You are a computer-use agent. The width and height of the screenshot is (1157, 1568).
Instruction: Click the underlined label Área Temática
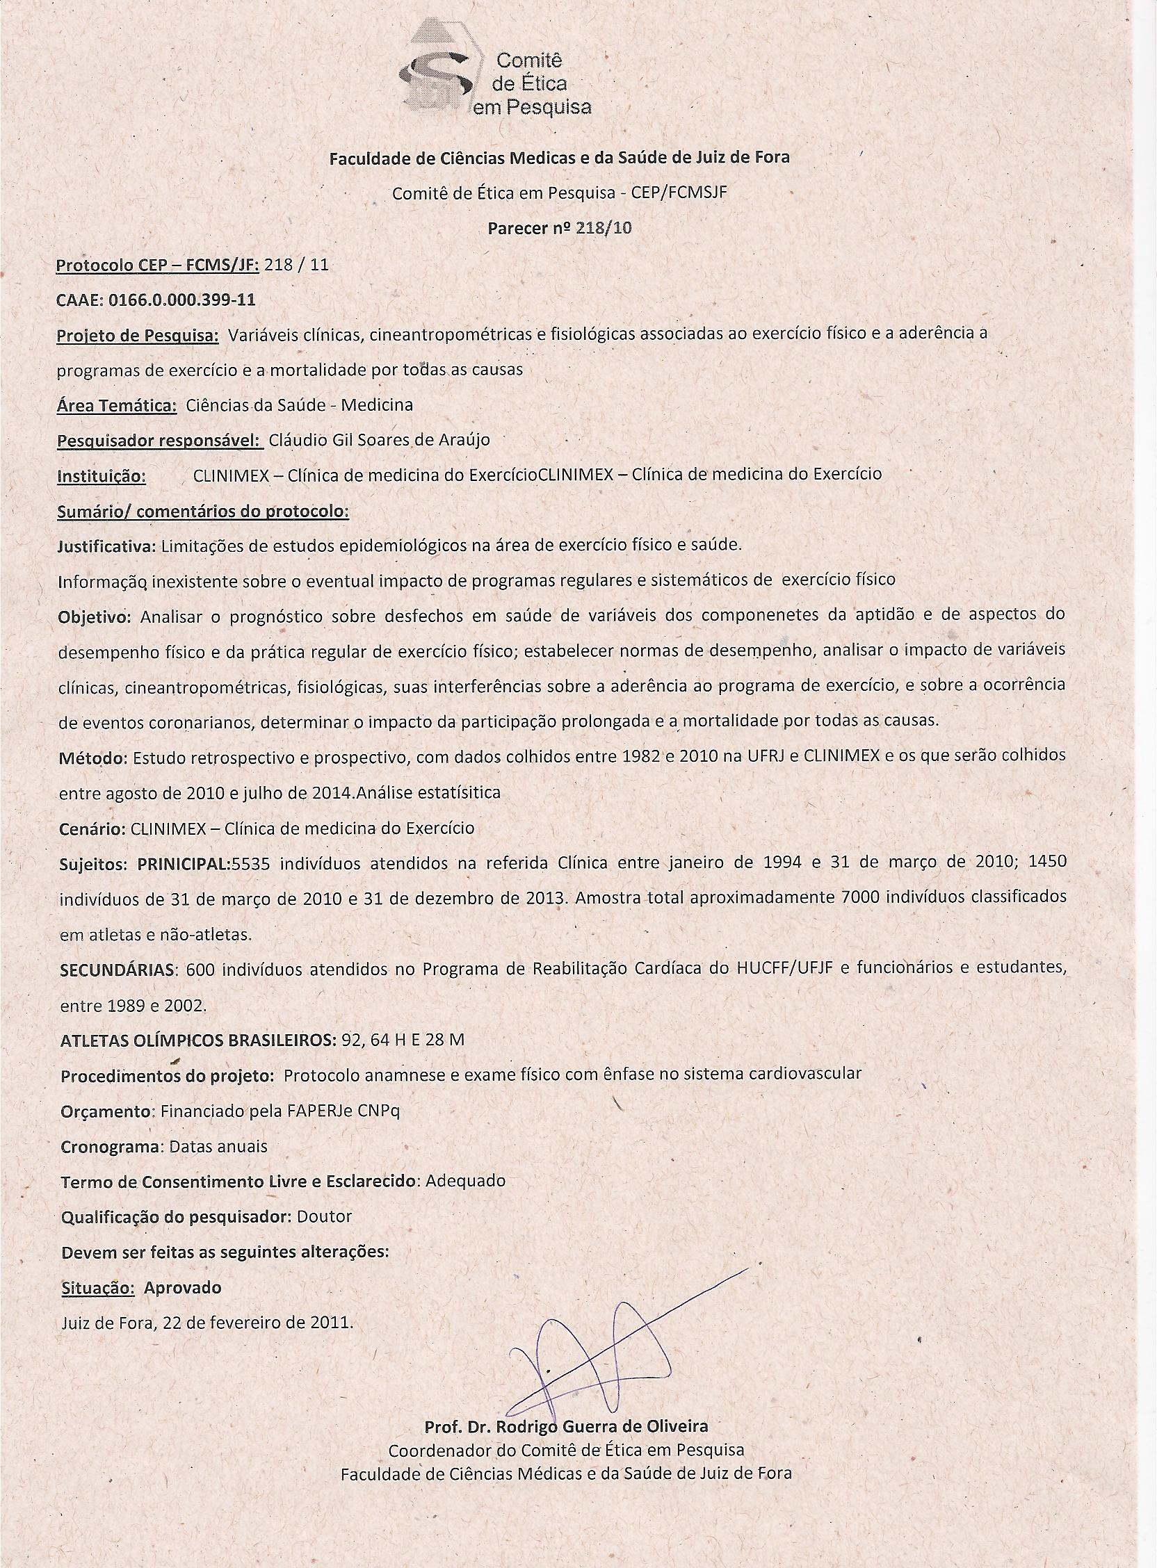click(116, 405)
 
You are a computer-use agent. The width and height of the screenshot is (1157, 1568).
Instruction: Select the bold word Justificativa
click(107, 547)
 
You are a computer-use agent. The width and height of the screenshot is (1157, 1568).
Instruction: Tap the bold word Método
click(91, 758)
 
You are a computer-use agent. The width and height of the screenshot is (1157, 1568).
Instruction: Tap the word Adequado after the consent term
click(465, 1181)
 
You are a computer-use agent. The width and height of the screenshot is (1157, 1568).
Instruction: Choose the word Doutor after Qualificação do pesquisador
click(323, 1216)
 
